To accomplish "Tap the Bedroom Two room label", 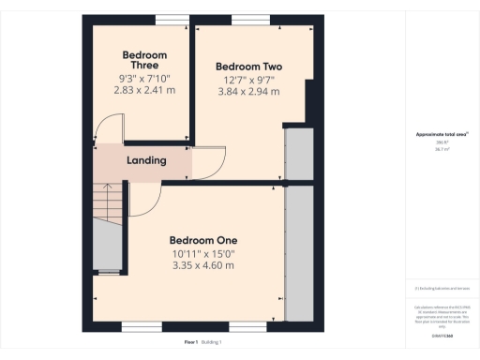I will tap(248, 67).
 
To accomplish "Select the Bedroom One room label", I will tap(202, 239).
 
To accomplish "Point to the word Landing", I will tap(147, 160).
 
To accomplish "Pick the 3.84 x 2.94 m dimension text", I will tap(248, 95).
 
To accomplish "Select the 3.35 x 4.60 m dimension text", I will tap(202, 266).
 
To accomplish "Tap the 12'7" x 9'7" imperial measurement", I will tap(248, 82).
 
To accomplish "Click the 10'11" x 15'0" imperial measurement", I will tap(202, 253).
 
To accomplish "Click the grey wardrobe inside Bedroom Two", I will tap(299, 153).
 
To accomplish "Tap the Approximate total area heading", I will tap(442, 135).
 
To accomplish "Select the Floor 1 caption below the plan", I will tap(190, 342).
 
